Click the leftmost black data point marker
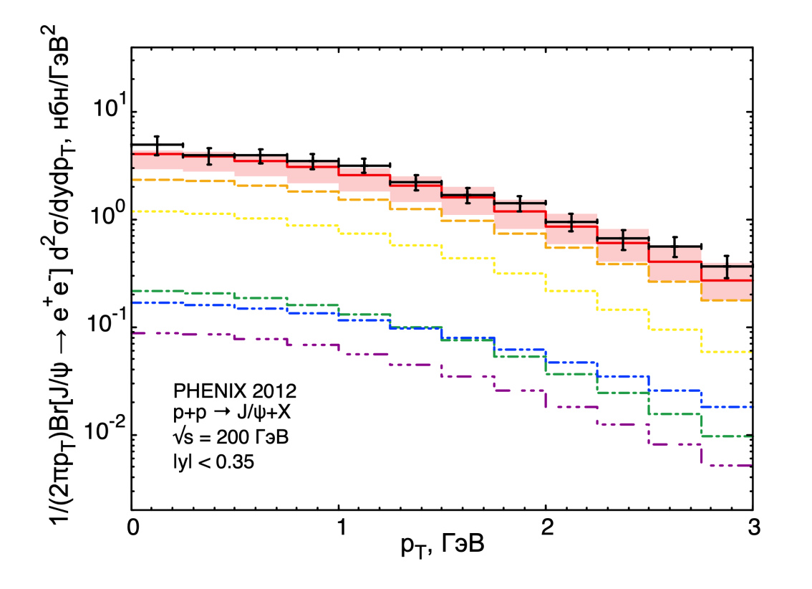pyautogui.click(x=158, y=145)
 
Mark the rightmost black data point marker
pyautogui.click(x=727, y=267)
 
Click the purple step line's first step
pyautogui.click(x=158, y=333)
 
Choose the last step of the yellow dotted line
pyautogui.click(x=727, y=352)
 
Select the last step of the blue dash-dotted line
pyautogui.click(x=727, y=407)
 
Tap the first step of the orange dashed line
pyautogui.click(x=158, y=180)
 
